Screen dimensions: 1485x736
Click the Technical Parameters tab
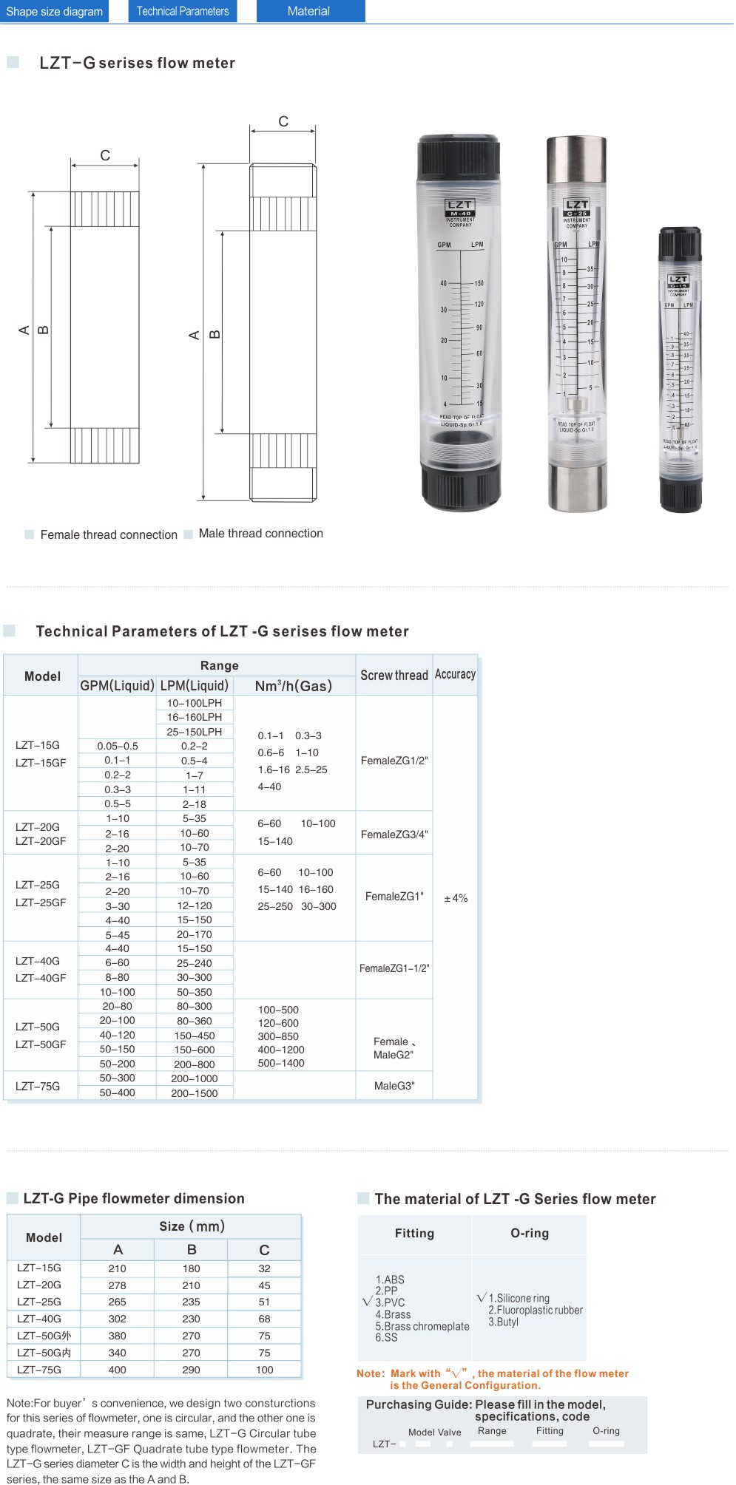pos(183,11)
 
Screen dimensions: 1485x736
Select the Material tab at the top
pos(309,11)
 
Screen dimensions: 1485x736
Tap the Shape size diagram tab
pos(55,11)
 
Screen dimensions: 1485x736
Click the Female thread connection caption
pos(109,534)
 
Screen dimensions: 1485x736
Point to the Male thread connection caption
pos(260,533)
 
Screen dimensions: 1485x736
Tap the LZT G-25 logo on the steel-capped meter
pos(576,208)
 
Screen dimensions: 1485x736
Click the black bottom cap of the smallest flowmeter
pos(681,491)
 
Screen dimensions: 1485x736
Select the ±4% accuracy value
pos(456,898)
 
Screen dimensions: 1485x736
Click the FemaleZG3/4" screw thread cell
pos(394,835)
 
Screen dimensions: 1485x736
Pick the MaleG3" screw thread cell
pos(394,1086)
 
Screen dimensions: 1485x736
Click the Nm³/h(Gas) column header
pos(294,686)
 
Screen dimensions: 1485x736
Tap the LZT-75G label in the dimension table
pos(39,1370)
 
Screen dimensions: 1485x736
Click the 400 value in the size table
pos(118,1370)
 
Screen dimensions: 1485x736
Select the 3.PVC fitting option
pos(390,1302)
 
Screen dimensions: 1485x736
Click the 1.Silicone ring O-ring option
pos(519,1298)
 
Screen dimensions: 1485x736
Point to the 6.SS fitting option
pos(386,1337)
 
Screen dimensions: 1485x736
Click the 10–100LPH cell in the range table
pos(195,703)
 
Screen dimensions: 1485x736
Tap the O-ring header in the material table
pos(530,1233)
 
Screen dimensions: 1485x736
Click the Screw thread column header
pos(394,675)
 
